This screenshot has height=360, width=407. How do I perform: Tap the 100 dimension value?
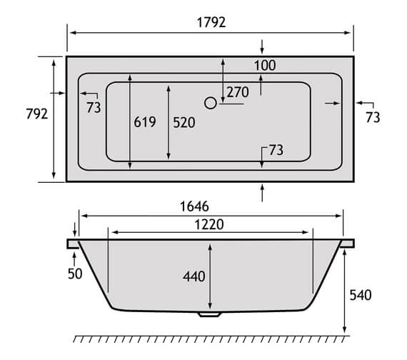264,66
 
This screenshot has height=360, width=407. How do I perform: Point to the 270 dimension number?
238,91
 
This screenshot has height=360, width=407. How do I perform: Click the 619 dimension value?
144,122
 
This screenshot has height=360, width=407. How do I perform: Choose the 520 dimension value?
184,122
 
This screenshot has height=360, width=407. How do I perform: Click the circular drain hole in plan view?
210,104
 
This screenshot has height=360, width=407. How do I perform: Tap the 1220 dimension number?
208,224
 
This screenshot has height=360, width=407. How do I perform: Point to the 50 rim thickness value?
75,273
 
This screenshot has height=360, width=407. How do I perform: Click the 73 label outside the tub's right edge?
373,117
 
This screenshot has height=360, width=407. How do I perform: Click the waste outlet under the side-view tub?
210,314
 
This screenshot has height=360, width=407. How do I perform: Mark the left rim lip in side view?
72,244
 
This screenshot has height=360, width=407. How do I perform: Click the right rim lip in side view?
348,244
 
